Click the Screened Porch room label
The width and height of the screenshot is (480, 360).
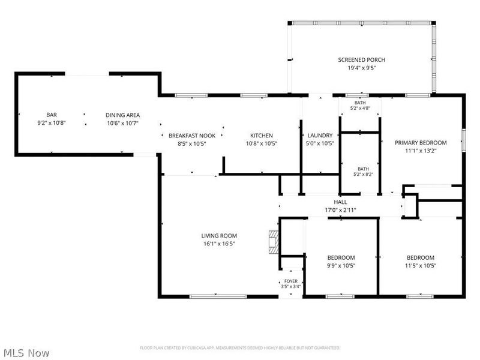(362, 60)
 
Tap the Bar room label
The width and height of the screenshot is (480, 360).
(52, 115)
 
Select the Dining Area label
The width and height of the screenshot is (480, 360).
(123, 115)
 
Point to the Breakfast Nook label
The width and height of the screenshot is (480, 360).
(192, 136)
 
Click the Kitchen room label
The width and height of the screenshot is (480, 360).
(262, 136)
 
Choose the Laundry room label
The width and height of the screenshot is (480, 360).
(320, 136)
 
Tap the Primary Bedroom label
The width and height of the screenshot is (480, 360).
(421, 143)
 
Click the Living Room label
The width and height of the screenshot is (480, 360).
(219, 236)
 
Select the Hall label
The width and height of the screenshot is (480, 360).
(340, 202)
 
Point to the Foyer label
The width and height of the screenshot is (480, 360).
(291, 281)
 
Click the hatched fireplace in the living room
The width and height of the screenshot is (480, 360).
(274, 242)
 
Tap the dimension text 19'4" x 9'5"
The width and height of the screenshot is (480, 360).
(362, 68)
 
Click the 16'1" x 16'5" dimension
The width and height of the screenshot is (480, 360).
(219, 244)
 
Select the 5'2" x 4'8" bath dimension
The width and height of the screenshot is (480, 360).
(360, 108)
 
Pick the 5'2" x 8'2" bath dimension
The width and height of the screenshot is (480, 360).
(363, 175)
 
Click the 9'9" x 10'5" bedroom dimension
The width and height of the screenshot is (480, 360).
(341, 266)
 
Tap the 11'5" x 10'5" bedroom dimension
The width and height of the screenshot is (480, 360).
(421, 266)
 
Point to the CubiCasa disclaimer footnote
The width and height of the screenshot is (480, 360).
(240, 348)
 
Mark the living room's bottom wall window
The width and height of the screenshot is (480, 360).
(218, 296)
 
